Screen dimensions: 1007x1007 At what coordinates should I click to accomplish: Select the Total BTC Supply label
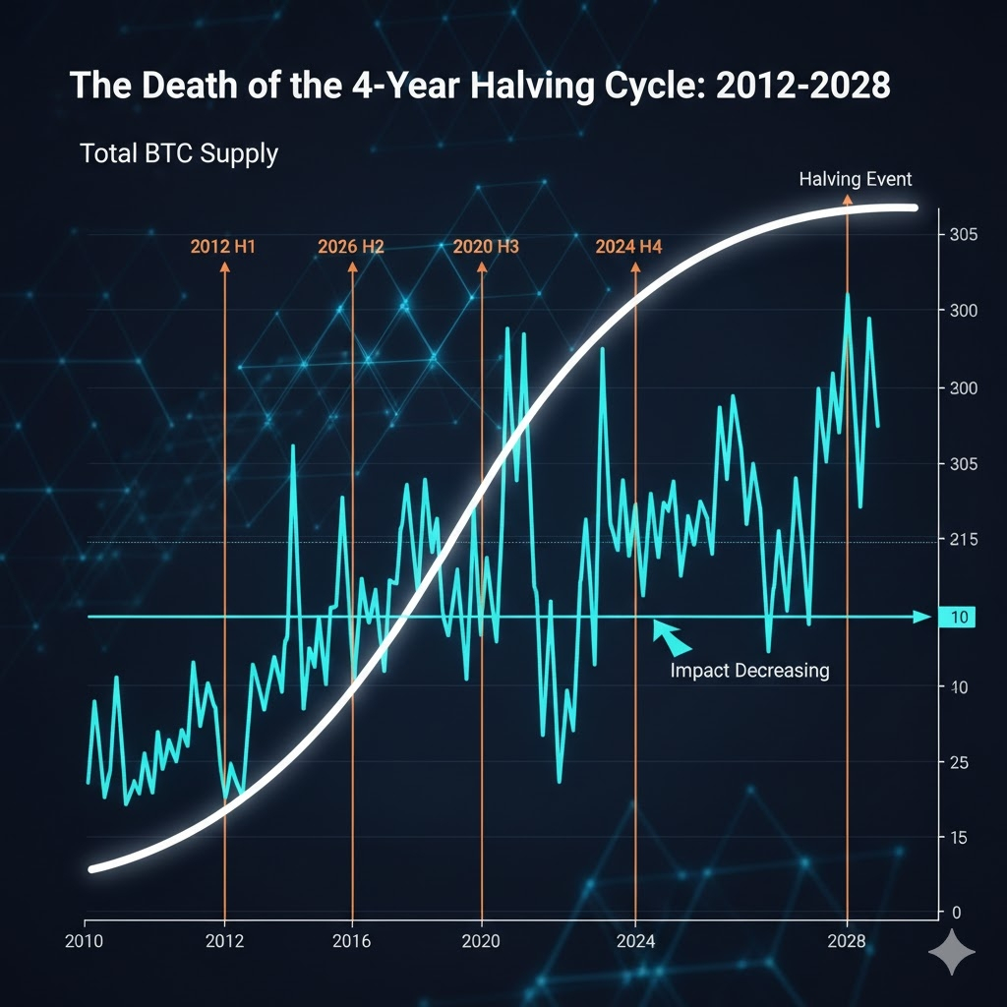tap(179, 153)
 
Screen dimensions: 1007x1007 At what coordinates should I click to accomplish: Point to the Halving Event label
tap(855, 179)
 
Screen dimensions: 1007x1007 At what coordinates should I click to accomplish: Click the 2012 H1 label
tap(222, 247)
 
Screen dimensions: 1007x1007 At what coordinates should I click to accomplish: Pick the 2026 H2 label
tap(351, 247)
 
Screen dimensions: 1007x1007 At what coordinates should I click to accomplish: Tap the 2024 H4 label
tap(628, 247)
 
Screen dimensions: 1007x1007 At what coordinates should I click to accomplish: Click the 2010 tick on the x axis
tap(86, 940)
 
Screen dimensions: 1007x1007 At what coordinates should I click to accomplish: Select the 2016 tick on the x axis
tap(351, 940)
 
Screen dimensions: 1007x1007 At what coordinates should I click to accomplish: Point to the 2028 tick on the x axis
tap(847, 940)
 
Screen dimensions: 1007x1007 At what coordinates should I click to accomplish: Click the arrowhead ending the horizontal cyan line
tap(920, 617)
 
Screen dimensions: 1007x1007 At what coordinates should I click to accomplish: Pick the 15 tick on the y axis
tap(957, 838)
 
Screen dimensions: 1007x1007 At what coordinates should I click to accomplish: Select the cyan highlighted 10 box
tap(956, 618)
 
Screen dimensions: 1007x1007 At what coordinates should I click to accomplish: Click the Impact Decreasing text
tap(749, 671)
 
